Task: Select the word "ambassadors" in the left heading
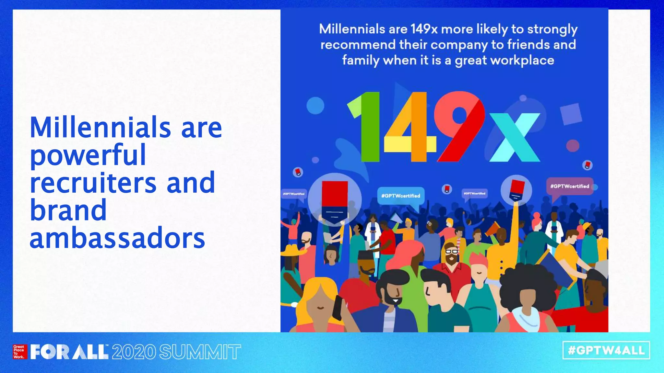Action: (117, 238)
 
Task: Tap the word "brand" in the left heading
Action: (68, 210)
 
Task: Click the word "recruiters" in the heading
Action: (93, 183)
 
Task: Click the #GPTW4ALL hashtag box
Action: (606, 350)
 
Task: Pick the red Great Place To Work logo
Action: (19, 352)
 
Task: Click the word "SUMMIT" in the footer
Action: (200, 352)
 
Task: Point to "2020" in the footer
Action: (134, 352)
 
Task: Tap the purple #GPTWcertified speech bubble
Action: (570, 186)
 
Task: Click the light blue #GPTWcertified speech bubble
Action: (401, 196)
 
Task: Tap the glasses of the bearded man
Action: (451, 251)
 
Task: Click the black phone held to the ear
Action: (338, 308)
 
